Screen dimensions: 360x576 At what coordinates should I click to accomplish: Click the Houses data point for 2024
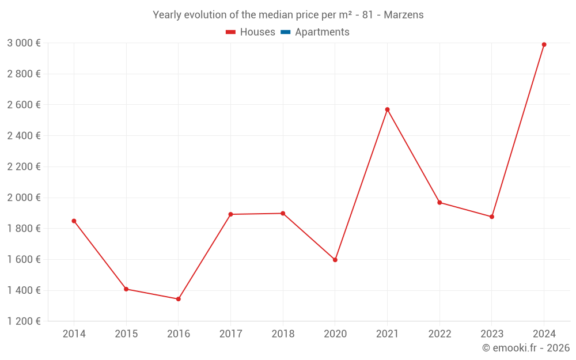point(544,44)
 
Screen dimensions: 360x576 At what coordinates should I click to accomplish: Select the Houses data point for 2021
point(387,109)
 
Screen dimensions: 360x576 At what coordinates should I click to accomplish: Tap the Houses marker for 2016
point(178,299)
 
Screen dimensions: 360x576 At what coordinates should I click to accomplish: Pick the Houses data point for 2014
point(74,221)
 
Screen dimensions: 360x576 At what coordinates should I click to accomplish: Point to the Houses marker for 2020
point(335,260)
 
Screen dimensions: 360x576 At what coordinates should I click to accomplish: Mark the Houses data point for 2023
point(491,217)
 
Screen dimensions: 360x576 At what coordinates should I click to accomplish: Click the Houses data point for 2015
point(126,289)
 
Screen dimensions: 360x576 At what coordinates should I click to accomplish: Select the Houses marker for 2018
point(283,213)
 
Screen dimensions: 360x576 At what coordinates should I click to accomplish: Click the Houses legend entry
point(251,32)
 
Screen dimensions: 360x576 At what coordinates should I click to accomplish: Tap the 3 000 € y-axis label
point(24,43)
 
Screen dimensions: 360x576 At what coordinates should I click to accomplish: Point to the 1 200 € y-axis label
point(24,321)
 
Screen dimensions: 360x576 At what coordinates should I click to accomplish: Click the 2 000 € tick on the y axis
point(24,198)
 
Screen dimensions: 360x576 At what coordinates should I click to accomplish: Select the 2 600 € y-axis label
point(24,105)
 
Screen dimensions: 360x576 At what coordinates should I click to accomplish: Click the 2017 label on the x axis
point(230,334)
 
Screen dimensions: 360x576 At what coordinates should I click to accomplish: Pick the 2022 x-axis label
point(439,334)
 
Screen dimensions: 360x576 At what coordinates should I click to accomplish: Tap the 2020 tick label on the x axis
point(335,334)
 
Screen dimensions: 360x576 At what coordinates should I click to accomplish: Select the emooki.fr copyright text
point(526,348)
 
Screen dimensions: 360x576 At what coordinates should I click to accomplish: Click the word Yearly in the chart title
point(167,15)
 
